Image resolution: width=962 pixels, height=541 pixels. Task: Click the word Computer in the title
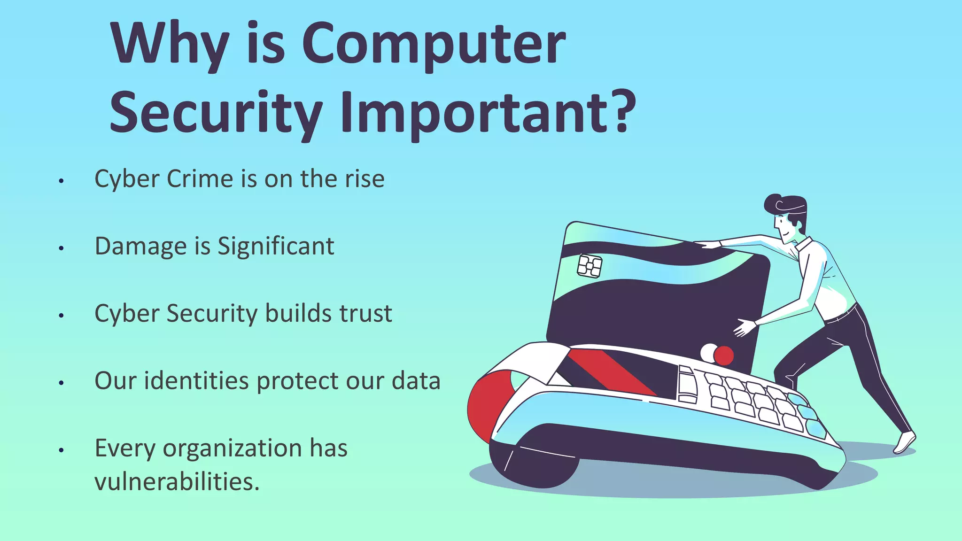pyautogui.click(x=433, y=45)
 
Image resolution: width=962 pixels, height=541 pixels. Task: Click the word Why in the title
pyautogui.click(x=170, y=45)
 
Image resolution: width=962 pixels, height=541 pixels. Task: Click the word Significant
pyautogui.click(x=276, y=247)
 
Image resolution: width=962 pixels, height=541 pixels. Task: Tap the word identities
pyautogui.click(x=196, y=381)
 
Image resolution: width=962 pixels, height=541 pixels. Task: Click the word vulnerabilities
pyautogui.click(x=177, y=482)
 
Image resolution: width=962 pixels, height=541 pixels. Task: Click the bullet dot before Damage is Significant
pyautogui.click(x=61, y=248)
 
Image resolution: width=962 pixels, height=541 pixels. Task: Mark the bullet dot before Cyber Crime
pyautogui.click(x=61, y=181)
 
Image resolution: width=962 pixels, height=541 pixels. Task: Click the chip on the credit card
pyautogui.click(x=590, y=266)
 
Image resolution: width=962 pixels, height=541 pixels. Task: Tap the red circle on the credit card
pyautogui.click(x=723, y=356)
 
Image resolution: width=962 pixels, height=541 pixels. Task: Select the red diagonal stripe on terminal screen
pyautogui.click(x=611, y=371)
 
